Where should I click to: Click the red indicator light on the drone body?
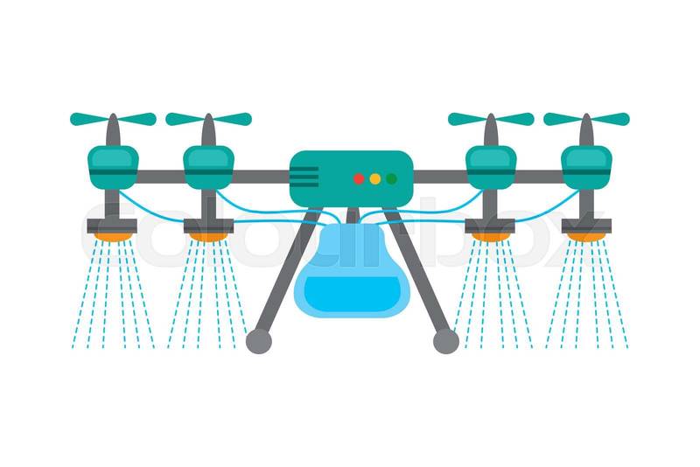358,178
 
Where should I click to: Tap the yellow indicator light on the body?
374,178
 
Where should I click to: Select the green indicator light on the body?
391,178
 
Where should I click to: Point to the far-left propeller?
113,119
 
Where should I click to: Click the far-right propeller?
586,119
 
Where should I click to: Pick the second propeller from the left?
208,119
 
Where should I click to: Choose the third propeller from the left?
491,119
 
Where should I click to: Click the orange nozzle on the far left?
113,236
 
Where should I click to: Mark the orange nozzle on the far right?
586,236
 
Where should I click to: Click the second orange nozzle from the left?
208,236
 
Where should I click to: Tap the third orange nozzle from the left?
491,236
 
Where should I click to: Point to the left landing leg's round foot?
259,341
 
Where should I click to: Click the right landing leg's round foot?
445,341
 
